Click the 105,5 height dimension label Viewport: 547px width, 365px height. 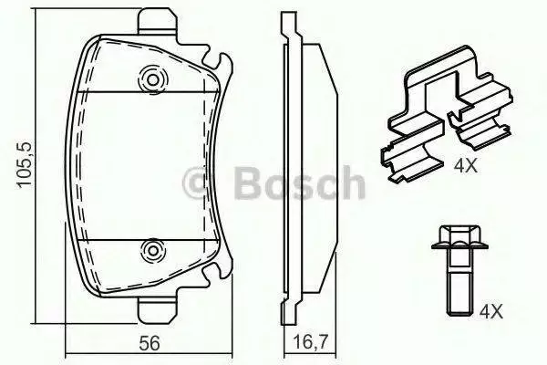click(26, 165)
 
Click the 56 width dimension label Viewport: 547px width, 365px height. click(150, 343)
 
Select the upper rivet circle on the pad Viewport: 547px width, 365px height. click(152, 79)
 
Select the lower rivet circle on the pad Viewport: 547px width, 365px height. click(152, 250)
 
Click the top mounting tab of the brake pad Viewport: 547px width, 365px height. click(156, 22)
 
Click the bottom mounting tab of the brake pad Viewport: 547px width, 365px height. click(156, 310)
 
